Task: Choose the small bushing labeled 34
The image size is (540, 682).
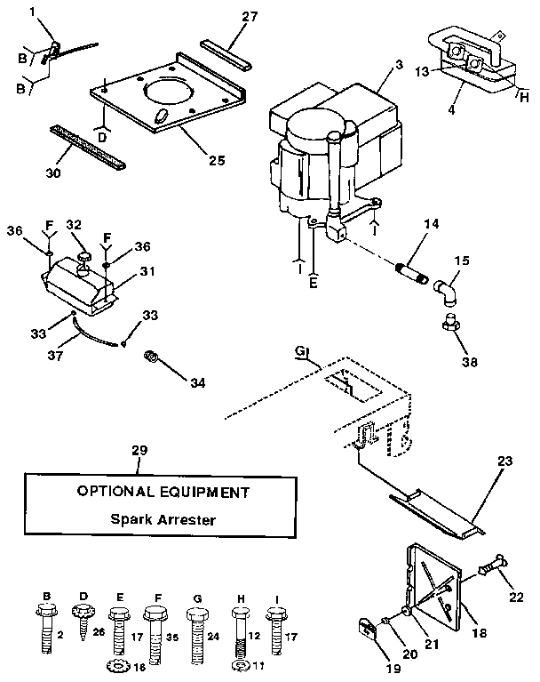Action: click(x=152, y=357)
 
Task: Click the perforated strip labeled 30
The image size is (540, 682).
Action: click(x=86, y=147)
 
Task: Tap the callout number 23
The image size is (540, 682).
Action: click(x=504, y=461)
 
